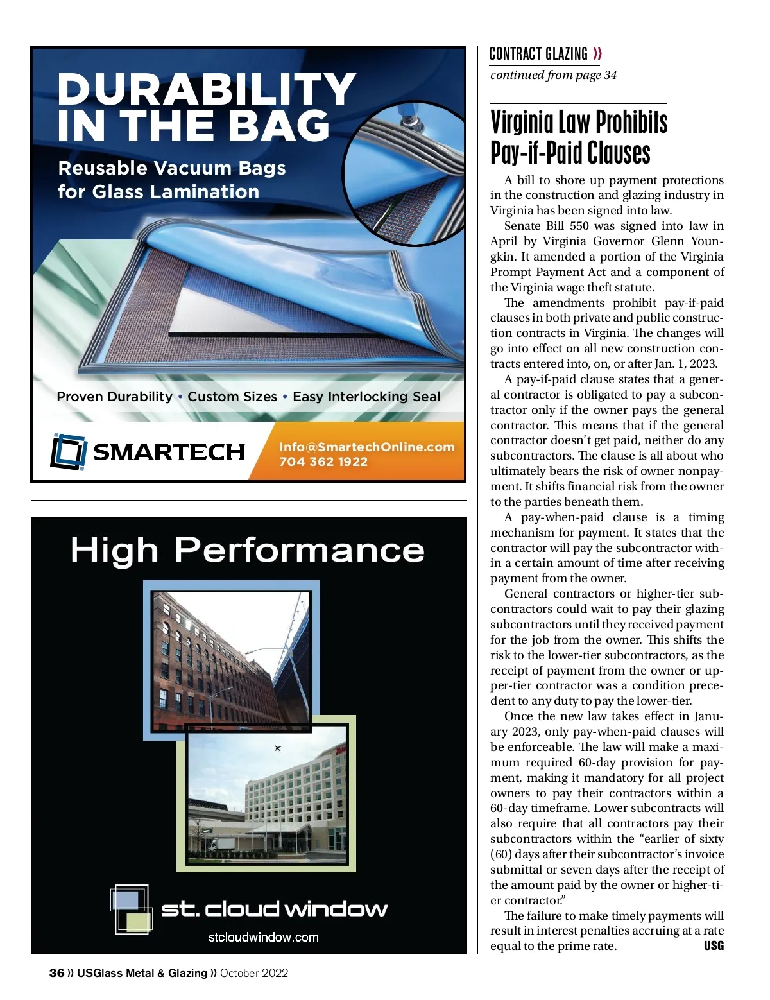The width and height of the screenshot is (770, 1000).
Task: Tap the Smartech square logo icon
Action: coord(68,451)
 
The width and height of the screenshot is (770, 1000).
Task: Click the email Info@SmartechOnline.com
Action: coord(366,447)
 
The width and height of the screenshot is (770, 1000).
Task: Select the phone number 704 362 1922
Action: coord(323,461)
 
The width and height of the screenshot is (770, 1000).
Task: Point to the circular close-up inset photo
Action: coord(404,173)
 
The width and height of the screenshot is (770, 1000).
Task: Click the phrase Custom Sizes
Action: coord(232,397)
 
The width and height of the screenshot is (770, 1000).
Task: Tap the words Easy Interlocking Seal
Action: coord(366,397)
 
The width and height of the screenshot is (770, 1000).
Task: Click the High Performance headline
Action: coord(248,550)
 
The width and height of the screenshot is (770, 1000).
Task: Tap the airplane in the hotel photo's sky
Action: coord(278,748)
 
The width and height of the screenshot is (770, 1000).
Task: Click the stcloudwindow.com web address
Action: coord(264,937)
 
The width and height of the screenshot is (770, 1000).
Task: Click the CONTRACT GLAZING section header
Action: coord(538,54)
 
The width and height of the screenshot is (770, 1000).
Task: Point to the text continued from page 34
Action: coord(553,75)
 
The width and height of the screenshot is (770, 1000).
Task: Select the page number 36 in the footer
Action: coord(56,973)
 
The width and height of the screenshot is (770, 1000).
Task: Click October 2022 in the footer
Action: coord(254,973)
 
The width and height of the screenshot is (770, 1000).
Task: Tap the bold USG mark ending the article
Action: coord(714,945)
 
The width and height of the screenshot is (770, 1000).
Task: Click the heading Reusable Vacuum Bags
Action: coord(172,168)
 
